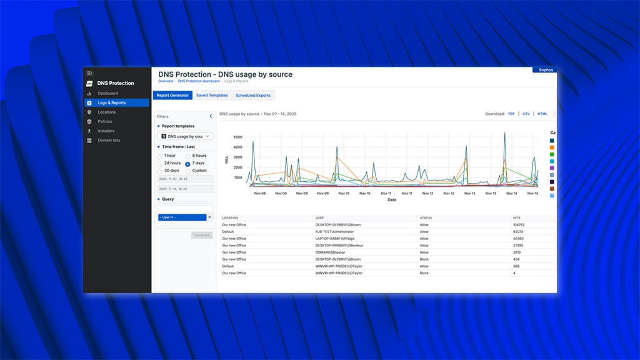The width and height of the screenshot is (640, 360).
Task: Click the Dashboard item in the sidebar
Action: tap(107, 93)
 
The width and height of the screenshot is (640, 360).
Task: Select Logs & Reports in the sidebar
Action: tap(111, 102)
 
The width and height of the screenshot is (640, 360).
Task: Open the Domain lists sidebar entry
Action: tap(109, 140)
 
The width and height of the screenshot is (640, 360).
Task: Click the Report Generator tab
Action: tap(172, 96)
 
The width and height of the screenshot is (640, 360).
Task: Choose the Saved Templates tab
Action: tap(212, 96)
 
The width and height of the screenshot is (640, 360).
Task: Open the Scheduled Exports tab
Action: tap(253, 96)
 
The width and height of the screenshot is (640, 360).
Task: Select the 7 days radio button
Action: tap(187, 163)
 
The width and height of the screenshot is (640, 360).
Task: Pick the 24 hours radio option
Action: tap(159, 163)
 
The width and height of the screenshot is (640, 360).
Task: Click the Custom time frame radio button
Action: tap(187, 171)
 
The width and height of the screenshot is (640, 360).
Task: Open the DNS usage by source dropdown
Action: tap(186, 136)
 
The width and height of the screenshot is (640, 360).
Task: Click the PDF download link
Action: tap(511, 114)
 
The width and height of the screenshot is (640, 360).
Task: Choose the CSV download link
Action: tap(526, 114)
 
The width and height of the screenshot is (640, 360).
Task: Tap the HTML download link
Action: tap(542, 114)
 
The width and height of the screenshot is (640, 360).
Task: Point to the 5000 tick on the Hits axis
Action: tap(237, 137)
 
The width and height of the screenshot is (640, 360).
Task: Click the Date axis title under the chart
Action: tap(391, 200)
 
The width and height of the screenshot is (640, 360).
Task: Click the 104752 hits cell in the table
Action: tap(518, 224)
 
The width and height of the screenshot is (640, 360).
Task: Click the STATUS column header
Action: tap(426, 217)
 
